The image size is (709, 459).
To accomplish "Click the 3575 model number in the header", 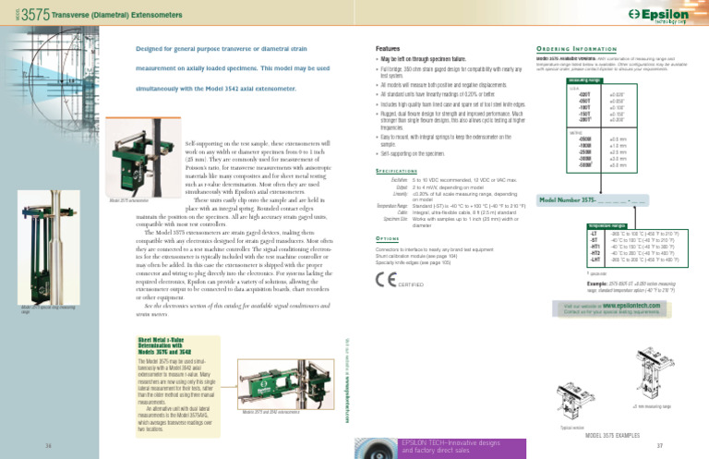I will pyautogui.click(x=34, y=15).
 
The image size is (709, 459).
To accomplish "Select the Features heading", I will pyautogui.click(x=388, y=47).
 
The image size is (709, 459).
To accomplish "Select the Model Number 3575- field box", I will pyautogui.click(x=584, y=200).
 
